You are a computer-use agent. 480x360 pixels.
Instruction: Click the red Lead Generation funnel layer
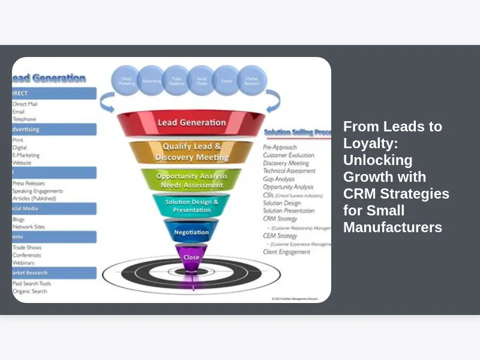tap(191, 123)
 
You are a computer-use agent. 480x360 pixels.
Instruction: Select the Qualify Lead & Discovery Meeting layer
tap(191, 152)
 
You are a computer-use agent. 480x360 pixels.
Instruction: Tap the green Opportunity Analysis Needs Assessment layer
tap(191, 181)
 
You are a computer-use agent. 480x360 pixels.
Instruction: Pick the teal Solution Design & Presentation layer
tap(191, 206)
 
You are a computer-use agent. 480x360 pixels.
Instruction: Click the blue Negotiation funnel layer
tap(191, 232)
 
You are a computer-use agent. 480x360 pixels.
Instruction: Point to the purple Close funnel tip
tap(191, 256)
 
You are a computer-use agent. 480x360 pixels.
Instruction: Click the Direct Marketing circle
tap(127, 80)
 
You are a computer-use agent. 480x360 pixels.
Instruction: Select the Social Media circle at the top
tap(202, 80)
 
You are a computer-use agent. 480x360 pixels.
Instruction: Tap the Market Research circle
tap(252, 80)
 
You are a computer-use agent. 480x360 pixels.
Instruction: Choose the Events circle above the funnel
tap(227, 80)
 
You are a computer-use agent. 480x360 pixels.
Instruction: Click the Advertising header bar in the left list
tap(54, 129)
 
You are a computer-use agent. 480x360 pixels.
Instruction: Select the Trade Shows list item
tap(28, 247)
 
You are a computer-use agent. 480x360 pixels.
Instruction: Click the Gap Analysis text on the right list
tap(279, 179)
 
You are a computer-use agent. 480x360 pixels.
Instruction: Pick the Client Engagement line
tap(287, 252)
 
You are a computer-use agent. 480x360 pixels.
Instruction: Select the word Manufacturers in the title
tap(392, 227)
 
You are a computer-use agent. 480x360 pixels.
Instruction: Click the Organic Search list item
tap(30, 292)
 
